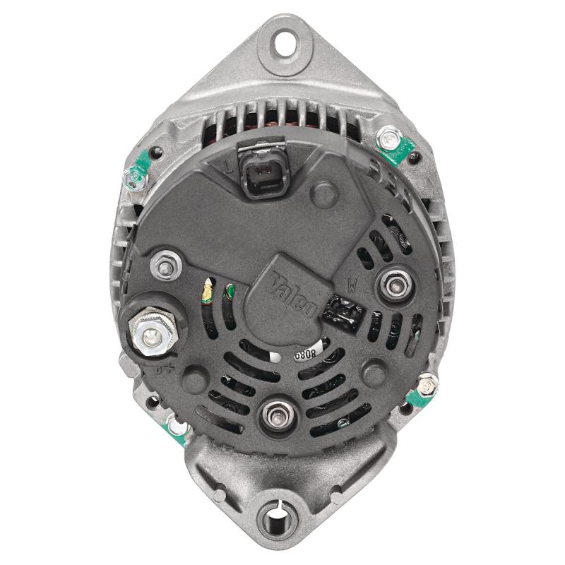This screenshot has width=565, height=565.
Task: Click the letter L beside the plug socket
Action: pos(228,168)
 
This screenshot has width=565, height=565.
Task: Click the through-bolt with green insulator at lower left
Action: pos(173,426)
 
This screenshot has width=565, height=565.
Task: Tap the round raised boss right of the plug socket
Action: pos(323,191)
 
